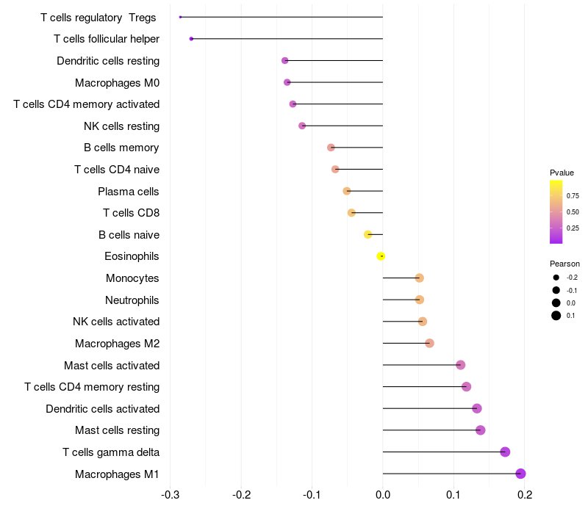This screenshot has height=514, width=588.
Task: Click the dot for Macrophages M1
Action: [x=520, y=474]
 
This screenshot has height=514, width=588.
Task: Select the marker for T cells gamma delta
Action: [x=505, y=452]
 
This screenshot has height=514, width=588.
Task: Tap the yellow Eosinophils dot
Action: [x=381, y=256]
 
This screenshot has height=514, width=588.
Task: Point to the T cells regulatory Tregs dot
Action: [x=180, y=17]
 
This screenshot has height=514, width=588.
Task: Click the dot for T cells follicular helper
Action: [x=191, y=38]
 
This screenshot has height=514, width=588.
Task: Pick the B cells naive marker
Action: [x=367, y=234]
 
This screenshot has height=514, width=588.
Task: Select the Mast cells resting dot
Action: [x=480, y=430]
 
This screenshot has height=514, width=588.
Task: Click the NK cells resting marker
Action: [x=302, y=126]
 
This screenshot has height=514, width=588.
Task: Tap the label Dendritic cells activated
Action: [x=102, y=408]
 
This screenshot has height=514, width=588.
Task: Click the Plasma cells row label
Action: [x=128, y=192]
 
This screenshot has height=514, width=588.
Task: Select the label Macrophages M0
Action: [x=117, y=82]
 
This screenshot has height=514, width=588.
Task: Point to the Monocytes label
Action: [x=132, y=278]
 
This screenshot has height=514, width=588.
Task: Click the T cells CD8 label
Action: [x=131, y=213]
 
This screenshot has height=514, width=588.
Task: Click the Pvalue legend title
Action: [x=562, y=173]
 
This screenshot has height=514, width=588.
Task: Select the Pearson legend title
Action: [x=564, y=264]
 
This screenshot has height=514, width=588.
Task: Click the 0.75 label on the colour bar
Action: [x=573, y=196]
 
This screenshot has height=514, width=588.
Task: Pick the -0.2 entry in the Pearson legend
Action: [x=572, y=278]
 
